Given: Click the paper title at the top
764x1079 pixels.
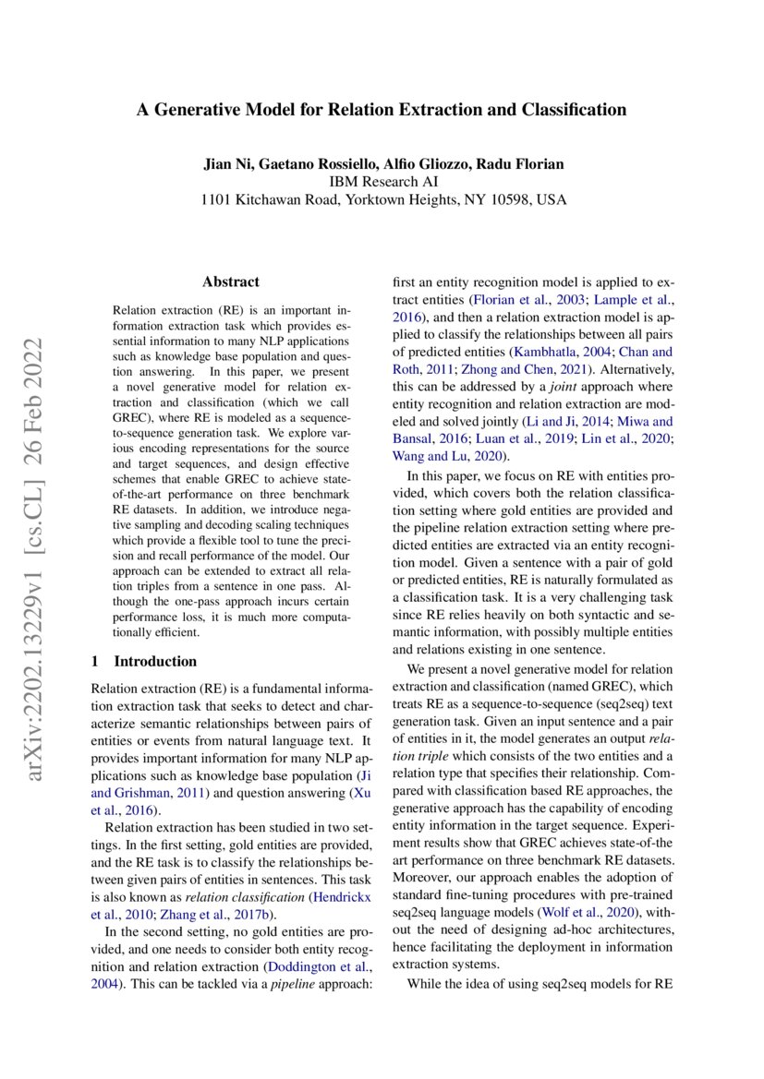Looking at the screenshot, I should point(382,110).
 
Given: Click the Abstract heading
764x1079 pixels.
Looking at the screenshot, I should point(231,282).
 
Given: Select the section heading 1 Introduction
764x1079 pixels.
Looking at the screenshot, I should point(144,661).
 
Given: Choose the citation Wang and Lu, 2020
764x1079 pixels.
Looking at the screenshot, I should point(447,456).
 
